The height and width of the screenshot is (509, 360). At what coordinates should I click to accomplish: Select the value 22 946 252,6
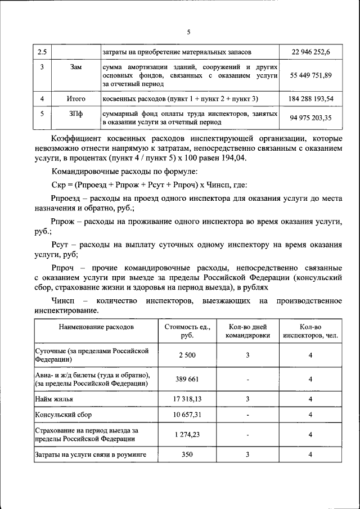310,52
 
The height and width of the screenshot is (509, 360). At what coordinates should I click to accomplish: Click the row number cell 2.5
42,52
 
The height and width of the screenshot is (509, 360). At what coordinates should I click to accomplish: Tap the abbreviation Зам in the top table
76,67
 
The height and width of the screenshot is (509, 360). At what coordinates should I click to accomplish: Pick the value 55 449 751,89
310,75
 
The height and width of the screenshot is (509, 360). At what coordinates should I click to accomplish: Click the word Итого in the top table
76,98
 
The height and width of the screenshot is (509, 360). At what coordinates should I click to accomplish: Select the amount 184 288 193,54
310,98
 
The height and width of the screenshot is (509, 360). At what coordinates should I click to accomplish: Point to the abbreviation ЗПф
76,114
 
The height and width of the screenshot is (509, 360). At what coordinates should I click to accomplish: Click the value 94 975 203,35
310,118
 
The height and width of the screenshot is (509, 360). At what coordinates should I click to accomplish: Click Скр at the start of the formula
57,184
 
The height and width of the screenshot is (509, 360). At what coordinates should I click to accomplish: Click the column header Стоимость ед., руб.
187,331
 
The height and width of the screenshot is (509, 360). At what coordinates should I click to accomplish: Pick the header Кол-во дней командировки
247,331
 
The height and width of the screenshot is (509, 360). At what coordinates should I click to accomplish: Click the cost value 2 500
187,355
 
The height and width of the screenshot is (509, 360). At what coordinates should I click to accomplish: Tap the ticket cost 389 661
187,379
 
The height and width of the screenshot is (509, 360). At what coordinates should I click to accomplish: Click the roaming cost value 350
187,454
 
